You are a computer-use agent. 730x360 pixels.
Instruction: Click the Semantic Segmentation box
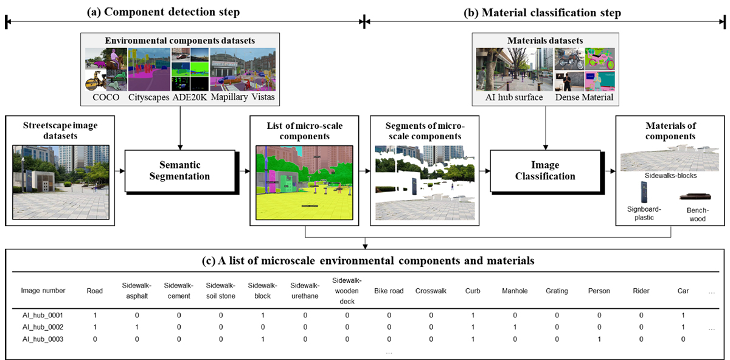point(180,170)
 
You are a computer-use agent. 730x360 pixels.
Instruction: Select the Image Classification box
point(545,170)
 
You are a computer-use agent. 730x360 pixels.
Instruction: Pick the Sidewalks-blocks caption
point(671,175)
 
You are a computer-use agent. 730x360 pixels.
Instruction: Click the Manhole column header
point(515,291)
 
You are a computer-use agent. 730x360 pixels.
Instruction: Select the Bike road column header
point(389,291)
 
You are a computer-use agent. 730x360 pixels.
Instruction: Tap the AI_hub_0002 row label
point(41,327)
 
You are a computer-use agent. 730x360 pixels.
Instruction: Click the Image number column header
point(43,291)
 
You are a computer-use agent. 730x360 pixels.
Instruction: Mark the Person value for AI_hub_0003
point(599,339)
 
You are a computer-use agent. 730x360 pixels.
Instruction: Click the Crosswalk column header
point(431,291)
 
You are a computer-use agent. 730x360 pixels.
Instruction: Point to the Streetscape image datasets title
point(60,131)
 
